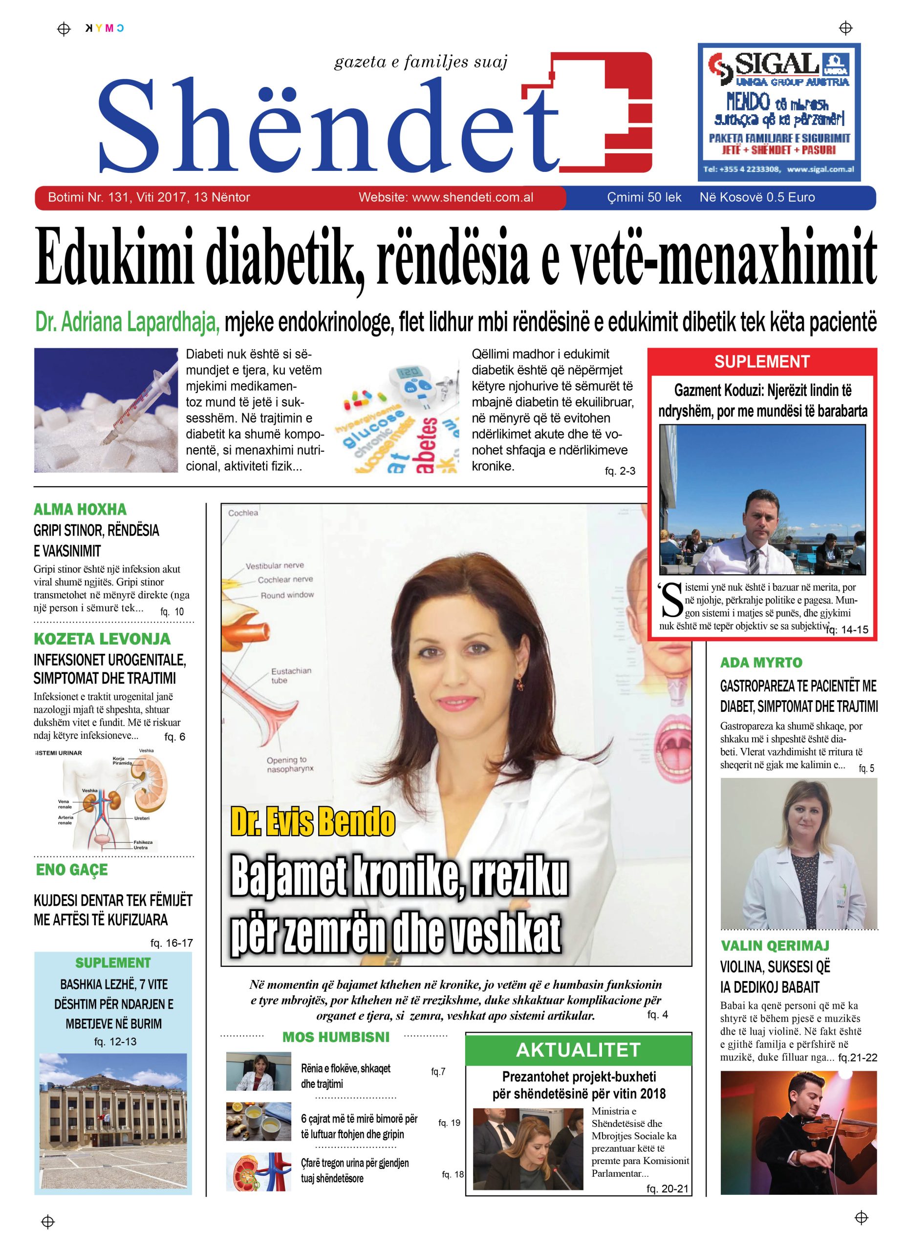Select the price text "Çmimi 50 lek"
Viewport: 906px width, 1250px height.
coord(644,197)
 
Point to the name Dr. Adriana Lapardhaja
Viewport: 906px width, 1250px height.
coord(128,322)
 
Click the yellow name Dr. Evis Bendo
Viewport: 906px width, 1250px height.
coord(313,822)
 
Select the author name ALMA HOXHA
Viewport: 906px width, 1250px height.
coord(80,509)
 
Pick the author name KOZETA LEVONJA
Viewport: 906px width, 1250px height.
coord(102,639)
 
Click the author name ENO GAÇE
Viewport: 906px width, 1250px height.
coord(72,870)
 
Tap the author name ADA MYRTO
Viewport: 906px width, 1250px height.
coord(761,663)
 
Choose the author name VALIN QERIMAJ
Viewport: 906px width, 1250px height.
coord(775,946)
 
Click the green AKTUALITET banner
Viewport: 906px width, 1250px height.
coord(578,1050)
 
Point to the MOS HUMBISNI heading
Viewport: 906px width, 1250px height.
coord(335,1037)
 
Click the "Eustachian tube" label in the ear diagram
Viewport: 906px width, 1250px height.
coord(291,675)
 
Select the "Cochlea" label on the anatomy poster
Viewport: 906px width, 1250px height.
coord(243,513)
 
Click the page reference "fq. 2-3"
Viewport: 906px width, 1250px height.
coord(620,471)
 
